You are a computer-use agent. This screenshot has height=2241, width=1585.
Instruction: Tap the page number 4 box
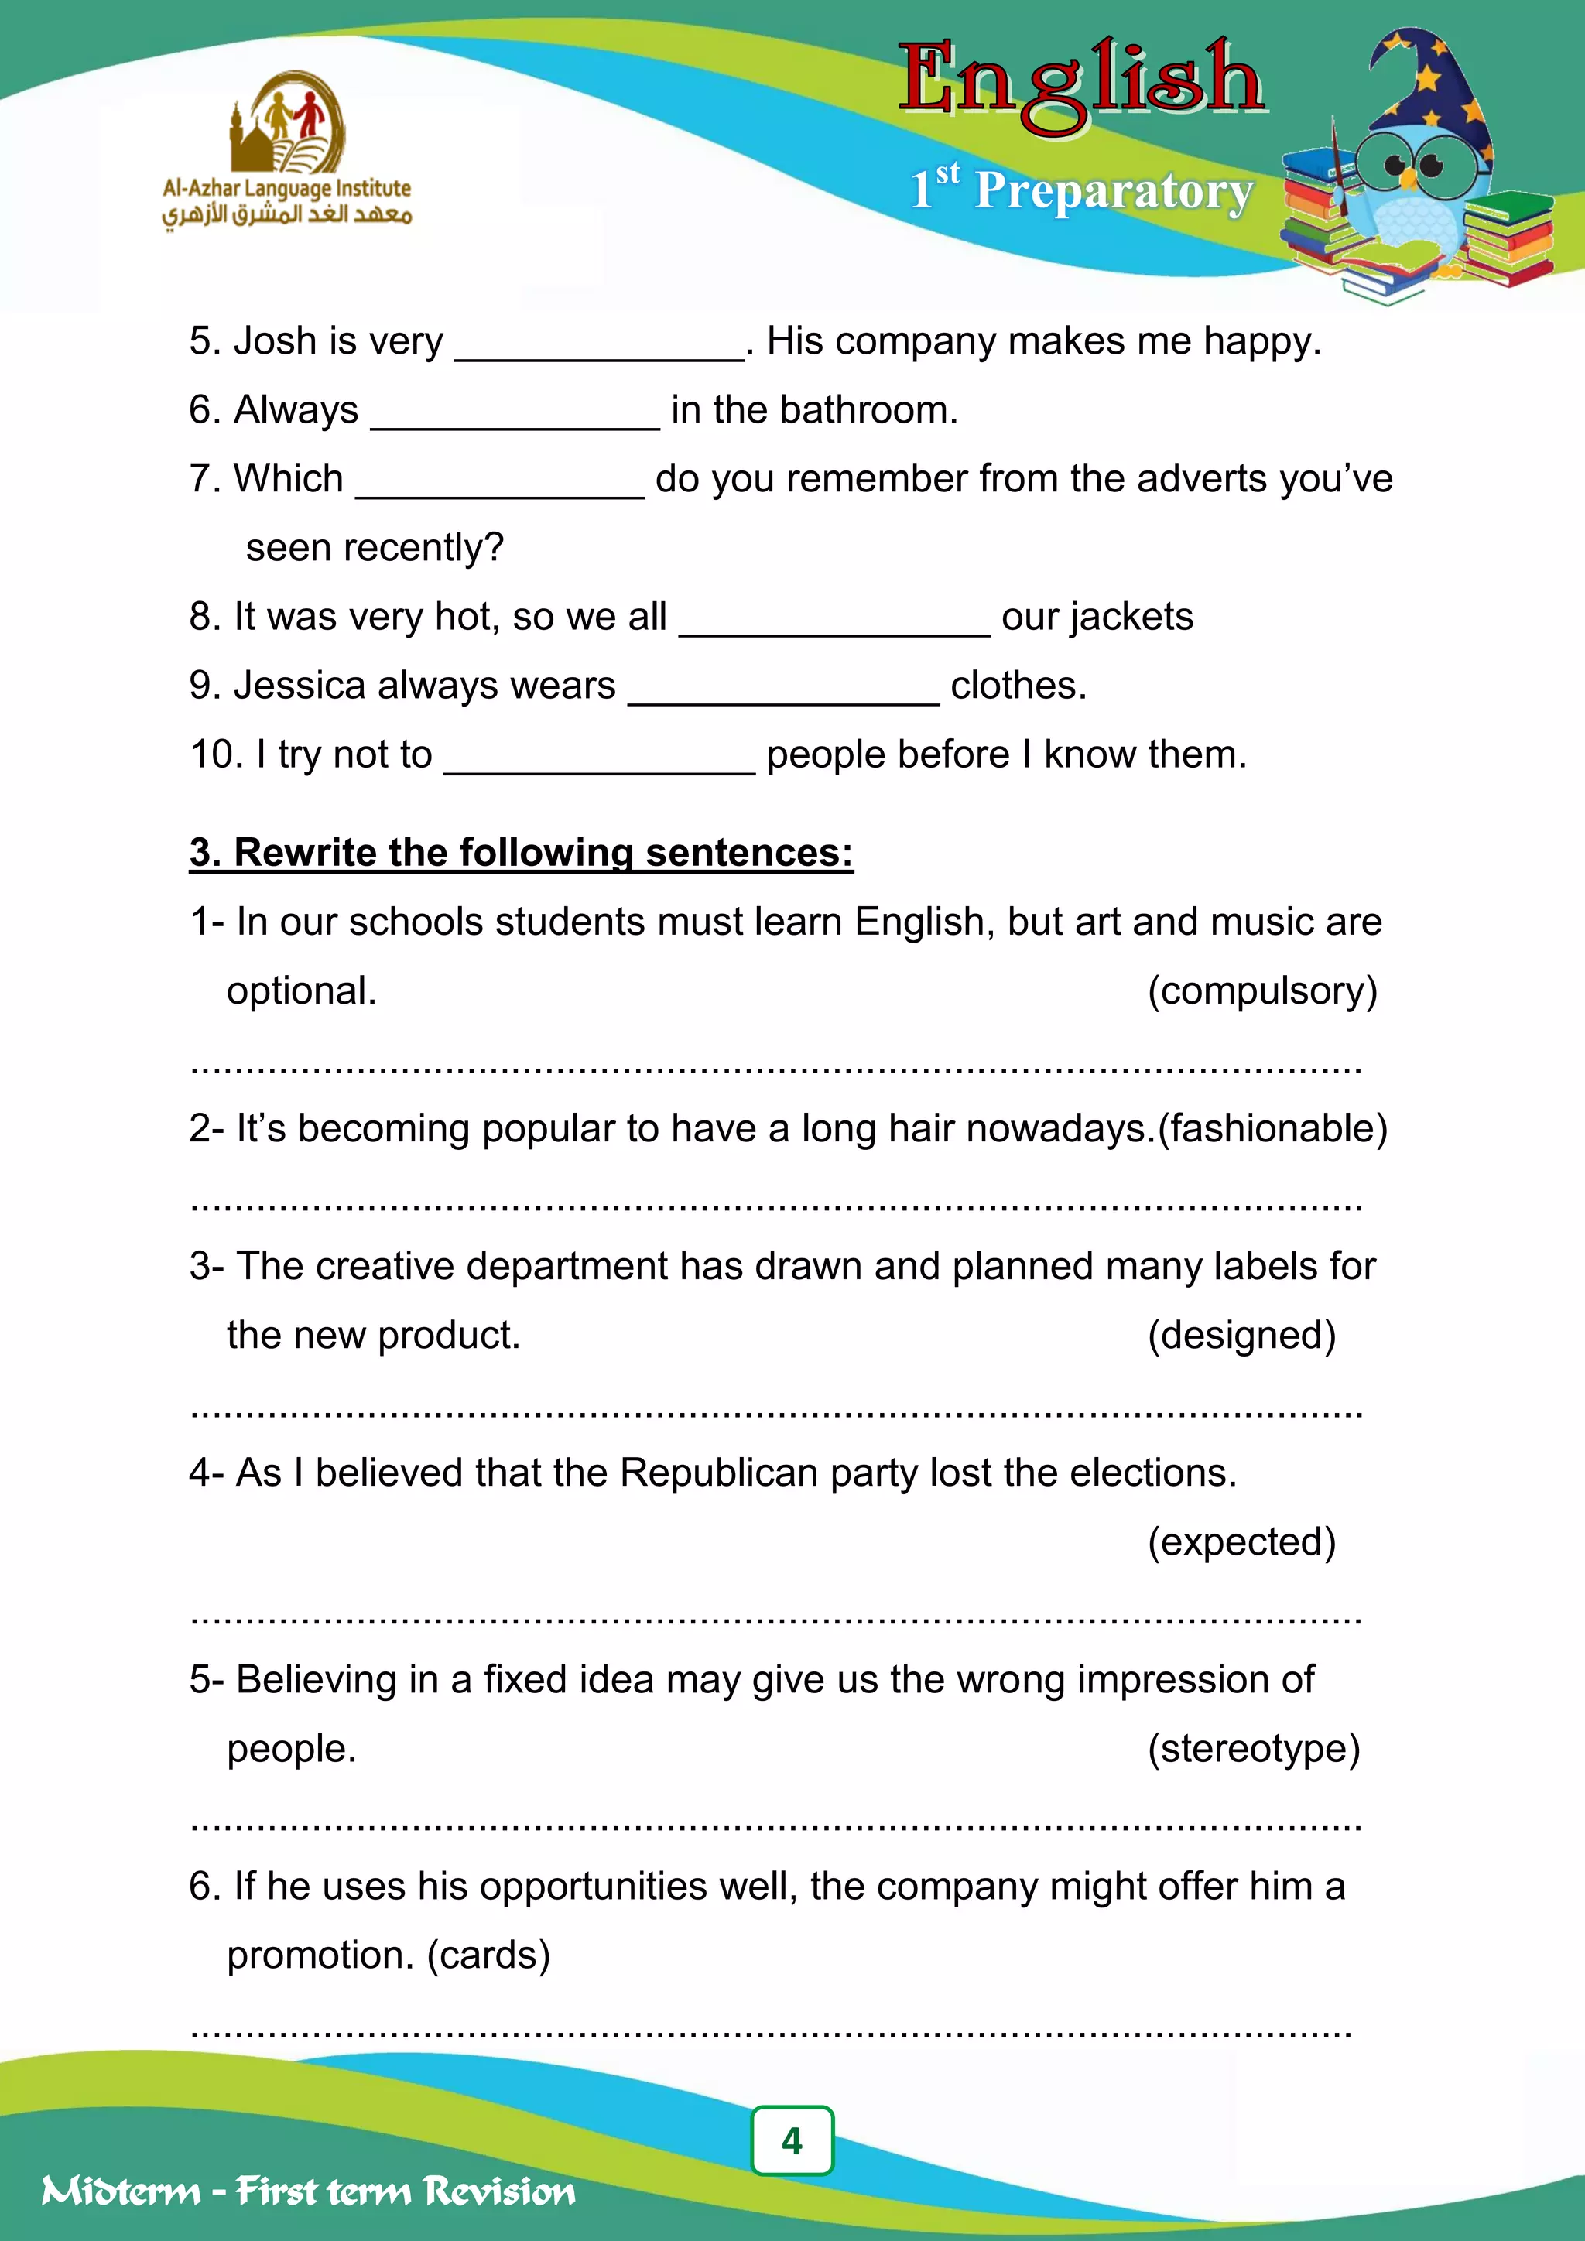click(x=792, y=2140)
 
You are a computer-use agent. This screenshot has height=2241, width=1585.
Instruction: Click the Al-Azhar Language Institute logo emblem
click(x=288, y=122)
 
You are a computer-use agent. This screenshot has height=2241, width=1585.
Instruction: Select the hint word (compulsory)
click(x=1262, y=990)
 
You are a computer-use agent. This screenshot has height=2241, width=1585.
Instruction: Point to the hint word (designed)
click(x=1241, y=1335)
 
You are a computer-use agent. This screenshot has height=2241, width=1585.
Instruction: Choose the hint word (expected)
click(x=1241, y=1542)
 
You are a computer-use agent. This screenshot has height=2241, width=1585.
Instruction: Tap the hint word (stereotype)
click(x=1253, y=1748)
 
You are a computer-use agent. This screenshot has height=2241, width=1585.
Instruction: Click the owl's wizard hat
click(x=1435, y=88)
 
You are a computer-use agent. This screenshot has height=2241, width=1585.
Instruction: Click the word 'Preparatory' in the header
click(x=1114, y=190)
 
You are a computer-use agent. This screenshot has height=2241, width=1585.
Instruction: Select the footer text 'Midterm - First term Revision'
click(x=309, y=2191)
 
